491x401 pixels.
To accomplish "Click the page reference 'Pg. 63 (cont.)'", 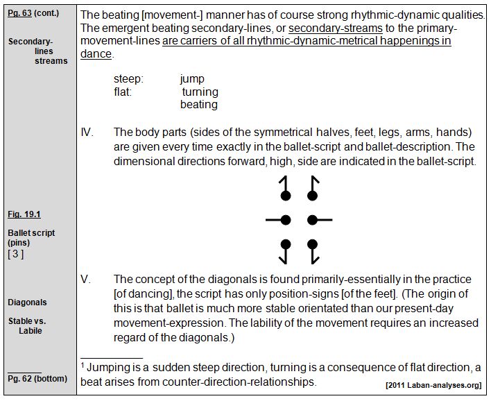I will click(x=34, y=14).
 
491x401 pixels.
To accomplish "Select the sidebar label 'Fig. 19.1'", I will click(x=24, y=215).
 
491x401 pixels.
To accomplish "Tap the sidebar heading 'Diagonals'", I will click(x=28, y=302).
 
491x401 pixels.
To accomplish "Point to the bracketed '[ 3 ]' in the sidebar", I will click(x=16, y=254).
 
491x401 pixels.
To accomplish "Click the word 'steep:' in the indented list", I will click(x=128, y=79).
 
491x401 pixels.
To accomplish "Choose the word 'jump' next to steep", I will click(x=192, y=79).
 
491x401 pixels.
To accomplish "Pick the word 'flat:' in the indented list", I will click(x=123, y=92).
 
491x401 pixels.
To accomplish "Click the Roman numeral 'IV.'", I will click(x=87, y=132).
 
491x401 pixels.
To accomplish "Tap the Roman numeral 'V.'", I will click(x=86, y=279).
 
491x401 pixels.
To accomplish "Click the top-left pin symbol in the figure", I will click(x=284, y=189).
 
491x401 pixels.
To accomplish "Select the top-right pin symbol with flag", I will click(x=313, y=189).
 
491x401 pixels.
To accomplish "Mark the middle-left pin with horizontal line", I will click(x=281, y=221).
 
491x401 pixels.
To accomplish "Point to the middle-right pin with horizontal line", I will click(x=318, y=221).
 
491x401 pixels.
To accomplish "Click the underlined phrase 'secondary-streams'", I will click(x=335, y=28).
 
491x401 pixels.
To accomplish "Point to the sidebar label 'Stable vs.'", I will click(x=27, y=321).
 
